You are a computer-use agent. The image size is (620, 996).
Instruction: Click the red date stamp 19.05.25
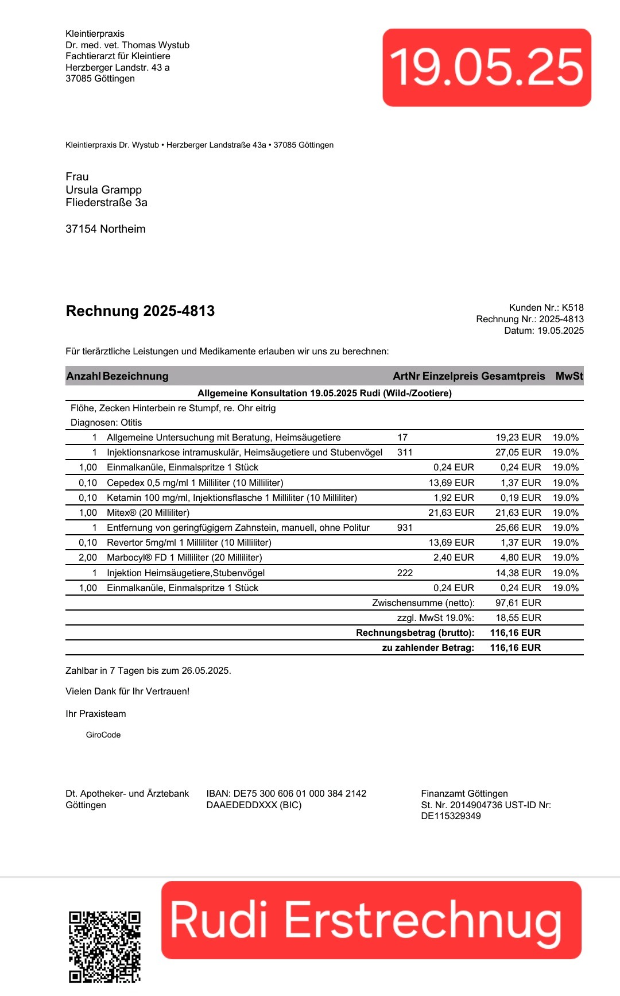[487, 67]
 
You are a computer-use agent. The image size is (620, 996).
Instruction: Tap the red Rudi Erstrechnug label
[371, 920]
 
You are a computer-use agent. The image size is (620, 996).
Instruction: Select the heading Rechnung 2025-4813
[140, 311]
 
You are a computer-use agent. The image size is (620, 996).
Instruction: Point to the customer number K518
[572, 307]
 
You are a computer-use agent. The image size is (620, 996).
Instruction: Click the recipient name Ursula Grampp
[103, 190]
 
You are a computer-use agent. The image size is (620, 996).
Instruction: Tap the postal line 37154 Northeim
[106, 229]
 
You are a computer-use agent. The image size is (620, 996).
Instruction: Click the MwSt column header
[569, 376]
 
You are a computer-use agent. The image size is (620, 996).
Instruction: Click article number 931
[405, 527]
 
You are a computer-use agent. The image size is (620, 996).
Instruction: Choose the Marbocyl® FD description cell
[184, 557]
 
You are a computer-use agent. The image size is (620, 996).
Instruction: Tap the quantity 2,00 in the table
[88, 557]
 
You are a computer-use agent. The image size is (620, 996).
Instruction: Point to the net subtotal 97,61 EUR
[518, 603]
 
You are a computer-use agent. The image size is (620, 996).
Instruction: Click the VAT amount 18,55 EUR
[518, 617]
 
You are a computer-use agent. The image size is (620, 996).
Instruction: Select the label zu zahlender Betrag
[428, 647]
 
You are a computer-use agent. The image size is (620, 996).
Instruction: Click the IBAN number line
[286, 793]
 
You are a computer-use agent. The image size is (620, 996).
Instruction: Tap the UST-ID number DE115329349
[451, 816]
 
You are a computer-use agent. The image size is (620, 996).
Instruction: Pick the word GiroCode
[103, 735]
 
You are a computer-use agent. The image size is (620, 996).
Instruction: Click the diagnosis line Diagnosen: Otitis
[106, 422]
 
